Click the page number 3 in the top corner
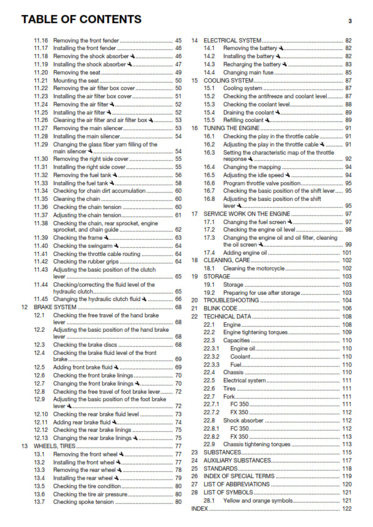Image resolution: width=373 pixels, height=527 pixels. point(350,21)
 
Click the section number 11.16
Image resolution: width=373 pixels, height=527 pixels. point(41,40)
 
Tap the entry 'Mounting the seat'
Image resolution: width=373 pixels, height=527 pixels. point(76,81)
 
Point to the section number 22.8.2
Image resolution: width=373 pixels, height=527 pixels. point(213,436)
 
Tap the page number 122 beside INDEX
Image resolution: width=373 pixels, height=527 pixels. point(347,509)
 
